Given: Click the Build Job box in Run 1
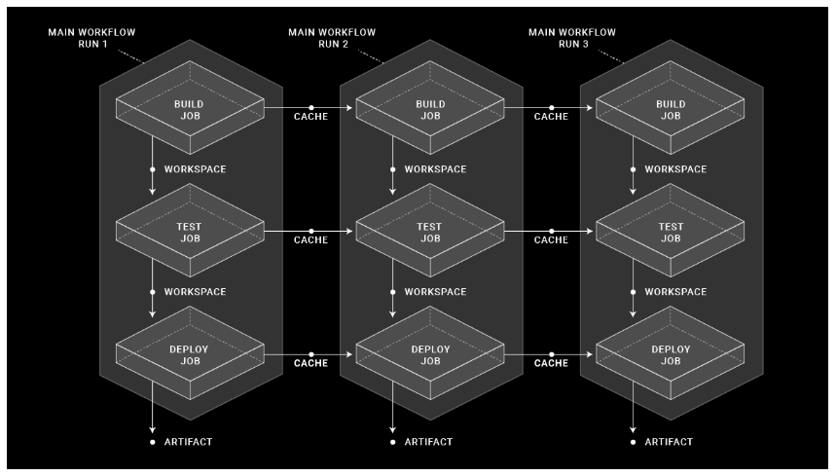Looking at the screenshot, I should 190,110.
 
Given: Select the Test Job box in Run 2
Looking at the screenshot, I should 429,233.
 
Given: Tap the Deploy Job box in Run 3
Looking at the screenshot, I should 670,354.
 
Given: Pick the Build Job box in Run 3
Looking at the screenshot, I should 670,110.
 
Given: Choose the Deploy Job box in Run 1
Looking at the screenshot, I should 190,354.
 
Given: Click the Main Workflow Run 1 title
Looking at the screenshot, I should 91,38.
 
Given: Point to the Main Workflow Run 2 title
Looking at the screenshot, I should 332,38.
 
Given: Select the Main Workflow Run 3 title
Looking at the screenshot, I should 572,38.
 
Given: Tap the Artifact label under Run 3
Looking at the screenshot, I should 668,442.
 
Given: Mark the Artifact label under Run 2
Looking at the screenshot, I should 427,442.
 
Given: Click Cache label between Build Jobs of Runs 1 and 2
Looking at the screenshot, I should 311,117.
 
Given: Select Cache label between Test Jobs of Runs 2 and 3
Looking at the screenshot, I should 552,239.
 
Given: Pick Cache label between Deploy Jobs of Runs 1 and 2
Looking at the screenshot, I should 311,363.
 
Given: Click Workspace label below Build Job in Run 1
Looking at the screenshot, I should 195,169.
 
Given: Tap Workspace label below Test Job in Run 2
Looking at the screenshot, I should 435,292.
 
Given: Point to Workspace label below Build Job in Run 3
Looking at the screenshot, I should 675,169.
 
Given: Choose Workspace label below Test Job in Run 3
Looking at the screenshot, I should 675,292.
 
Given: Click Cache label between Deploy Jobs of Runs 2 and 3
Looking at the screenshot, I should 552,363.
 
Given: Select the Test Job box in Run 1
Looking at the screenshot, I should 190,233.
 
